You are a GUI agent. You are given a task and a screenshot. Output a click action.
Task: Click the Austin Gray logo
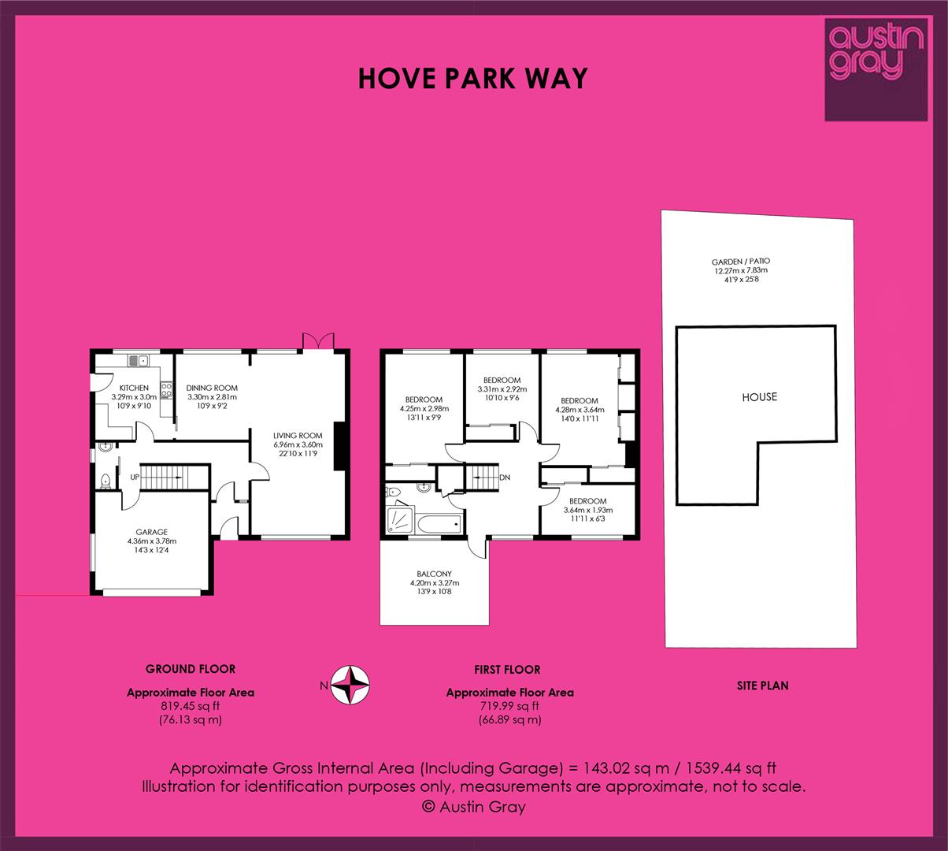876,70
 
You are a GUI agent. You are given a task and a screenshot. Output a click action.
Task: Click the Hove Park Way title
472,78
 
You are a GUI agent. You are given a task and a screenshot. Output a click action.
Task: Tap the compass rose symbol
350,685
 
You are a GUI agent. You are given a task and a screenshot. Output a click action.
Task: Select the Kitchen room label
134,396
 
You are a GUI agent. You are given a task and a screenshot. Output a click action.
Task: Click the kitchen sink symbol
138,361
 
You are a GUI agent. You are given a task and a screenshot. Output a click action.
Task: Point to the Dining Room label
212,396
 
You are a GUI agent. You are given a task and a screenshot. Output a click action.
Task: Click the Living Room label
298,444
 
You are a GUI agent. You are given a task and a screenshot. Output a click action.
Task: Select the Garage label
152,541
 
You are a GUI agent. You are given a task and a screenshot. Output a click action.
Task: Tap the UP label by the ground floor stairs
135,478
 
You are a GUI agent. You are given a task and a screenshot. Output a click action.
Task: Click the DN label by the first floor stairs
505,478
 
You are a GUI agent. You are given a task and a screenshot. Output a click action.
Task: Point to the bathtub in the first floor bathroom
439,524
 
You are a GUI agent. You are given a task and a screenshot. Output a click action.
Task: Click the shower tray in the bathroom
401,519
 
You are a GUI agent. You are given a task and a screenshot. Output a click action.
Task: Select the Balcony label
434,582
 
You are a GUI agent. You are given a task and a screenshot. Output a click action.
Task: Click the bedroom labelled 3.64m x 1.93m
587,510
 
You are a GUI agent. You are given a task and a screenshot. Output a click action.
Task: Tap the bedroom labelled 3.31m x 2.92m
502,389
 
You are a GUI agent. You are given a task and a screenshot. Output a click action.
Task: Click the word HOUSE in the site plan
760,397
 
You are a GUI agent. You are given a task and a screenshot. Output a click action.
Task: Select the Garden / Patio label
741,270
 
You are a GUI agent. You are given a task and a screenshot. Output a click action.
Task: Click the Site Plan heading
763,686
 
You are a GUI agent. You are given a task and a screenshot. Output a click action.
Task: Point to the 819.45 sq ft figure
190,706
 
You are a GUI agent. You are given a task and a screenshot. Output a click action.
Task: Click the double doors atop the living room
318,341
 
